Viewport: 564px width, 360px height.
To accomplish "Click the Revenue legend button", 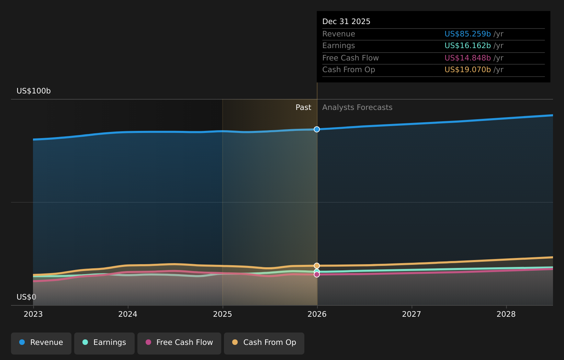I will (41, 343).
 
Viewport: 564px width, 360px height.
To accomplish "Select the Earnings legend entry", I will (104, 343).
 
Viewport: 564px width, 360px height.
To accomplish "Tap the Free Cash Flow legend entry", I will (179, 343).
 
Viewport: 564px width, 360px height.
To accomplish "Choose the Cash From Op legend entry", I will (264, 343).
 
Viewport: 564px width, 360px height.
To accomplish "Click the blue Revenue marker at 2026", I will (317, 129).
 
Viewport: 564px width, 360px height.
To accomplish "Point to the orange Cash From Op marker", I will (317, 266).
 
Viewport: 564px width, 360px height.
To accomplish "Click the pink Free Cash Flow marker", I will (317, 274).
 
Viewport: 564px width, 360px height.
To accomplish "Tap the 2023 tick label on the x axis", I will (33, 314).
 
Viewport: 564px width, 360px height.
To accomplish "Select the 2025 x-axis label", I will (223, 314).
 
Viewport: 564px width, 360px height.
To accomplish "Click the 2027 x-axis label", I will (411, 314).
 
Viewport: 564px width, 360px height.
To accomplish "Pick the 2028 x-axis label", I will (506, 314).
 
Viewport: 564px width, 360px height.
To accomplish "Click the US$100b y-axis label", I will (34, 91).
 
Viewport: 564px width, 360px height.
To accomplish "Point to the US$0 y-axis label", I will (26, 297).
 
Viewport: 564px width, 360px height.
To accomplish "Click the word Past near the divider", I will (303, 108).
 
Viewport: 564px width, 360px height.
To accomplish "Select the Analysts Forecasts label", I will (357, 108).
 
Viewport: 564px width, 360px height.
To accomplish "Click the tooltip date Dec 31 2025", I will (346, 22).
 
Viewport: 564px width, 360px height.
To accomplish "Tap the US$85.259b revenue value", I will (467, 34).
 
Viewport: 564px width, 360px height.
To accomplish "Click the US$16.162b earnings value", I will (467, 46).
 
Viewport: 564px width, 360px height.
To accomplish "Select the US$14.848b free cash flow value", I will (467, 58).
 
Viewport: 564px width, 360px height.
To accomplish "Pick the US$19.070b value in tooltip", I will (467, 70).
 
